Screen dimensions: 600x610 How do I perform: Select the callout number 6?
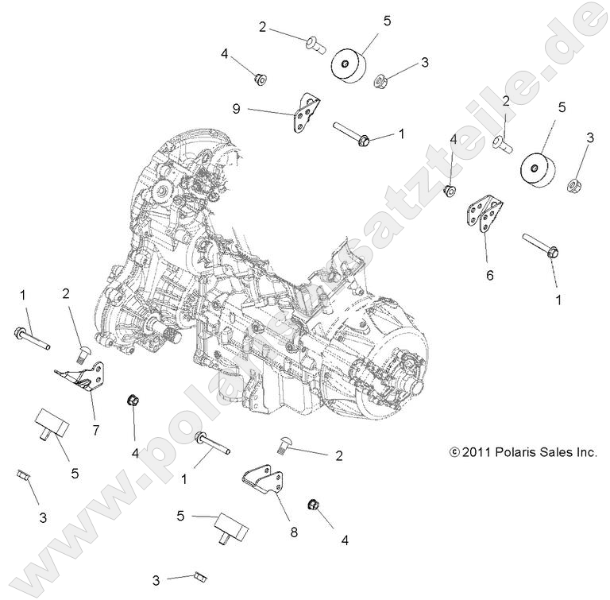click(x=490, y=275)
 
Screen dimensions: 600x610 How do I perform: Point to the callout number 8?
click(x=293, y=532)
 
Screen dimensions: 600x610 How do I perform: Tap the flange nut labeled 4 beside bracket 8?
click(x=314, y=505)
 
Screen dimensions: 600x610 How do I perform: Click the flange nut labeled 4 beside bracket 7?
click(x=132, y=400)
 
